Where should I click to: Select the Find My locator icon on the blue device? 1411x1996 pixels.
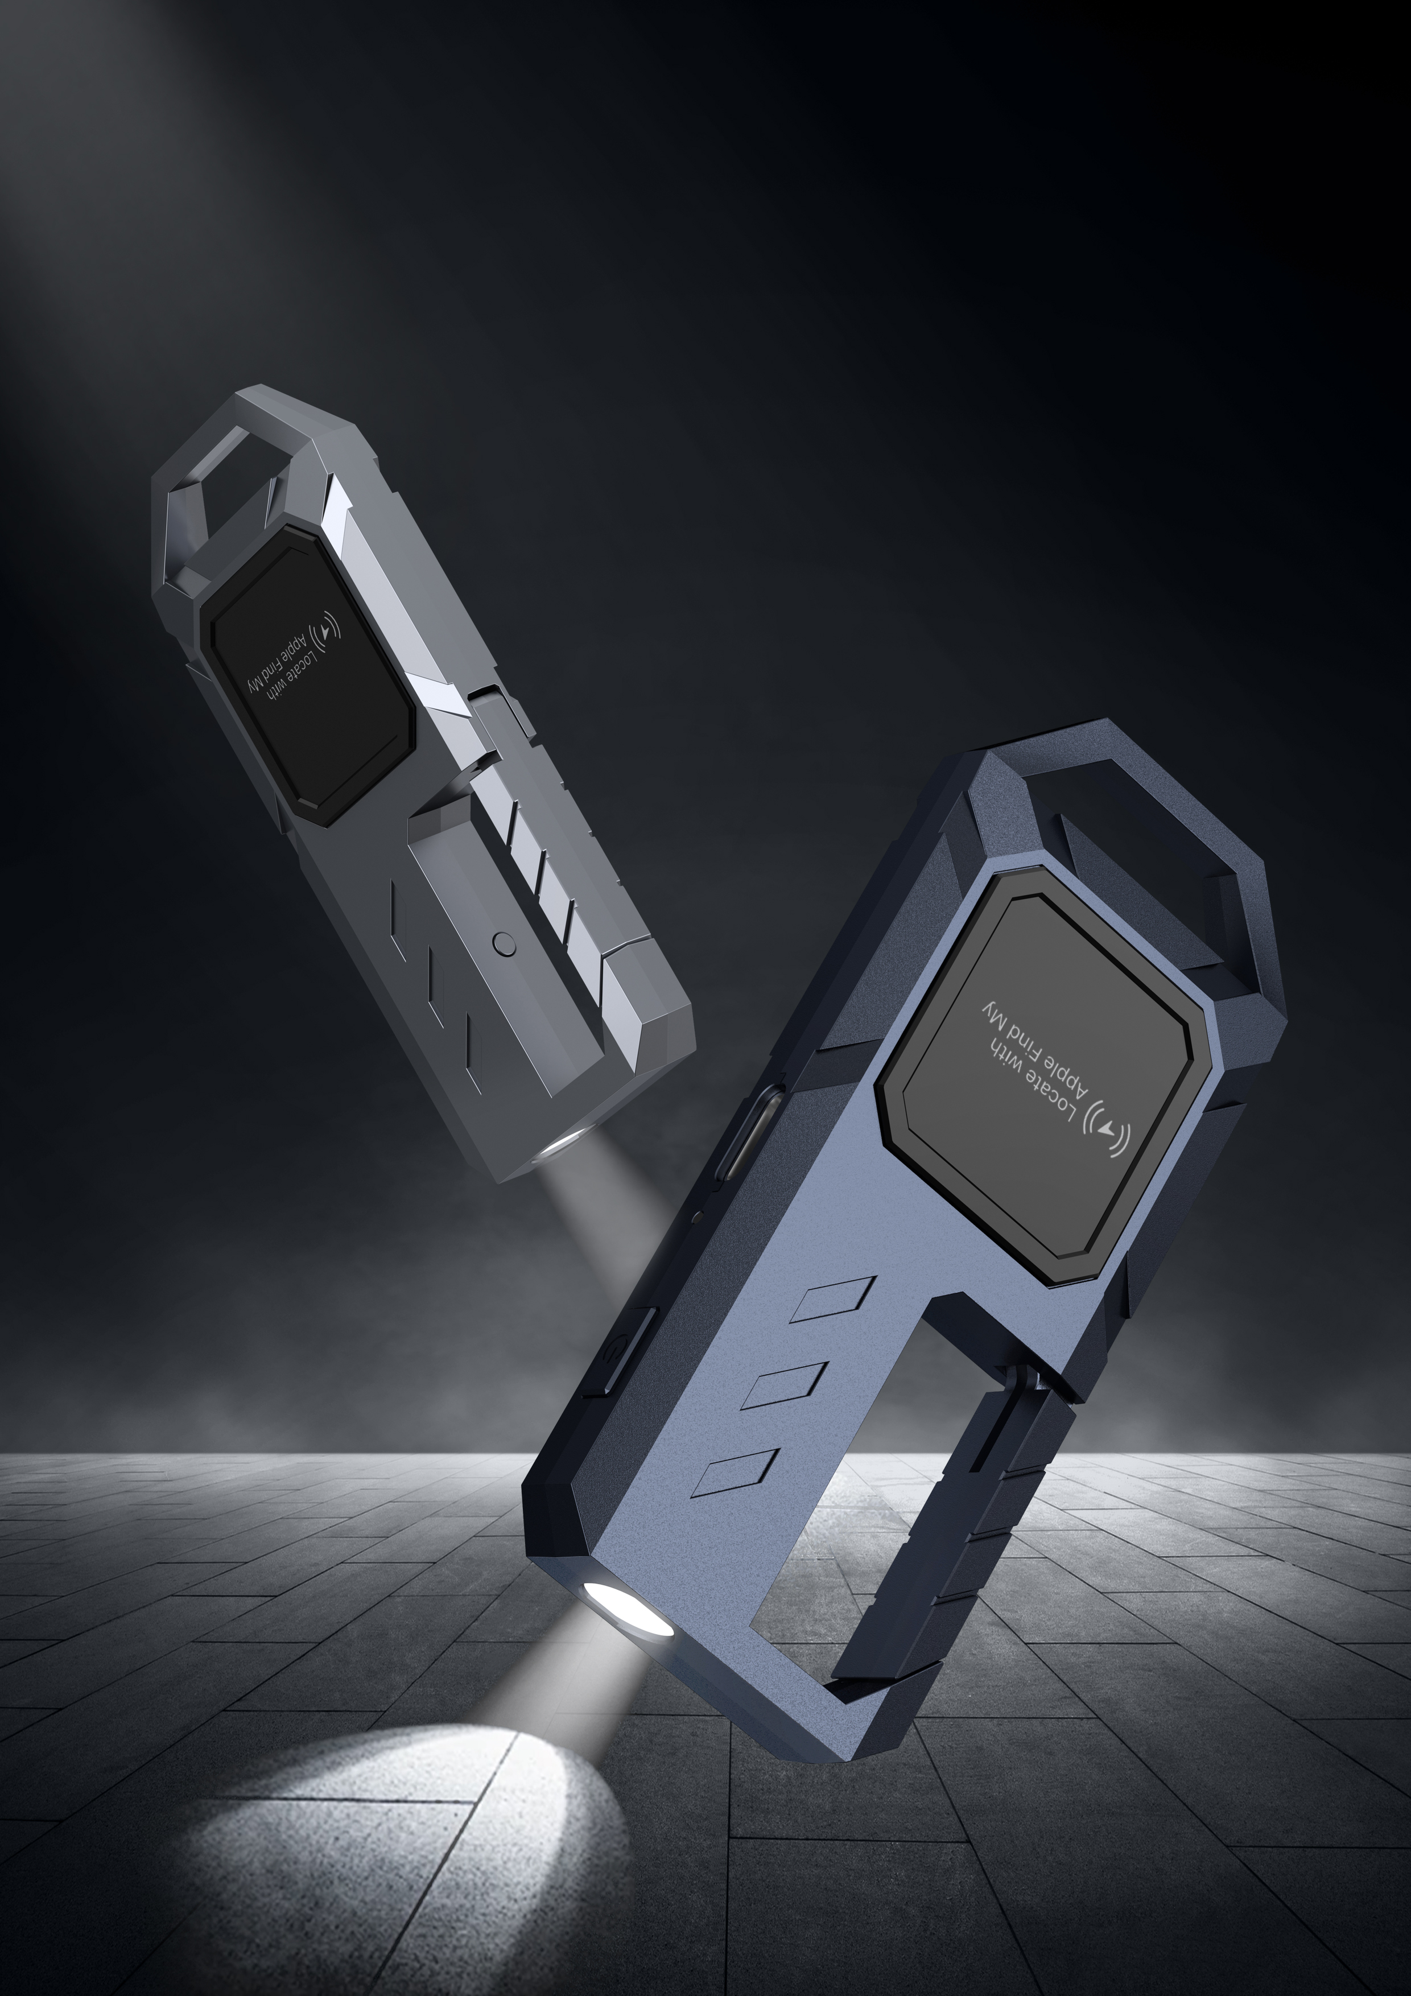pyautogui.click(x=1107, y=1131)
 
